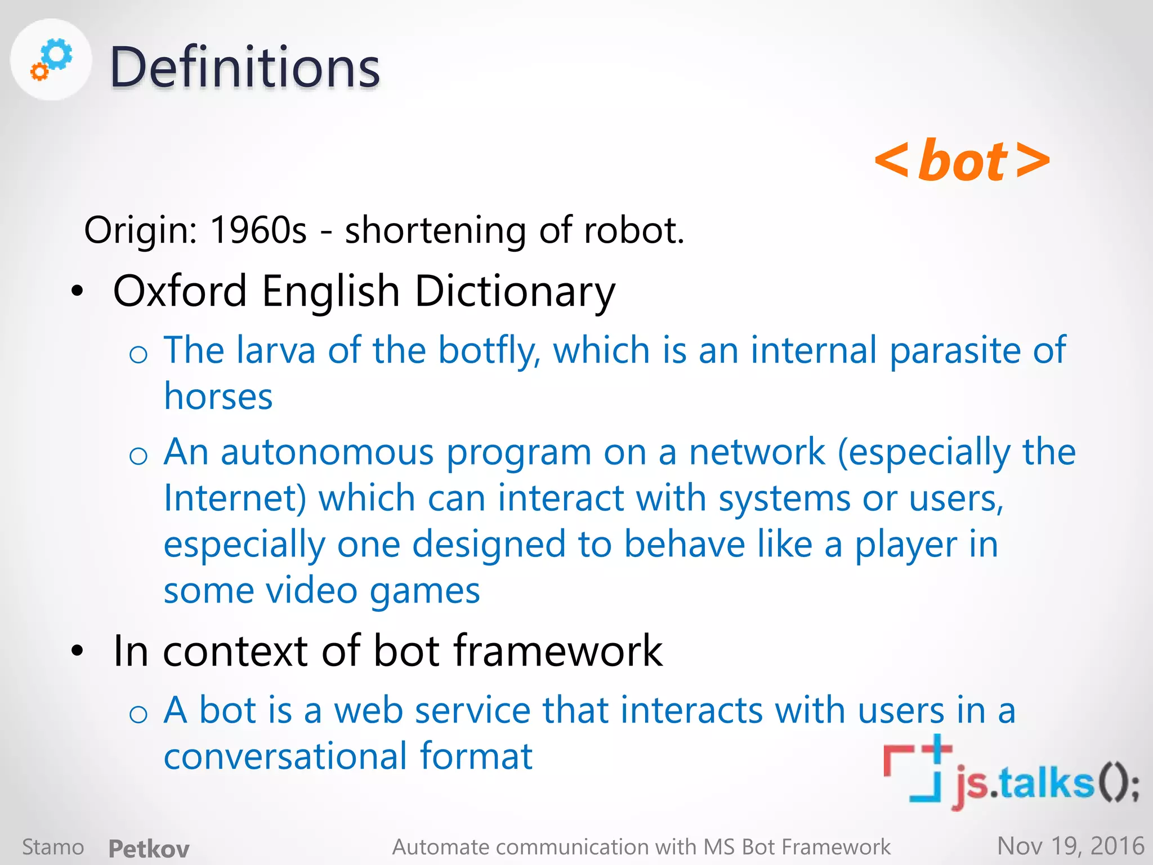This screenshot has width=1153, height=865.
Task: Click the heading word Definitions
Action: click(245, 68)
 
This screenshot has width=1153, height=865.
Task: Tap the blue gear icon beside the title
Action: click(57, 55)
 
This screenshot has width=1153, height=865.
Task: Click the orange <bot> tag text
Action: click(962, 162)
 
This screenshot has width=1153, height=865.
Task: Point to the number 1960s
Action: click(258, 230)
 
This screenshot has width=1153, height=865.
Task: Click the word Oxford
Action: click(180, 291)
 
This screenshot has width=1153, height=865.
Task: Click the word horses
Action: click(218, 396)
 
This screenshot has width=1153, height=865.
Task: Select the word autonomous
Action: click(327, 452)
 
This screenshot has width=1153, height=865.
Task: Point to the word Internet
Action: click(235, 498)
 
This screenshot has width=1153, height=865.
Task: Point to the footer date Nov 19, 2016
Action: click(1070, 846)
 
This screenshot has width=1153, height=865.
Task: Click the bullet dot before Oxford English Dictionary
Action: click(77, 291)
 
